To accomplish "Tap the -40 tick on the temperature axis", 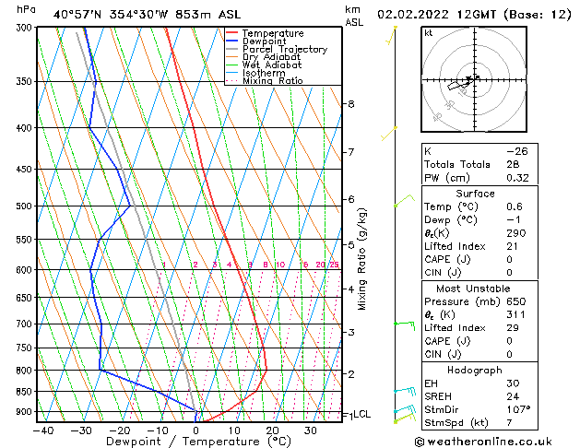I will pos(42,430).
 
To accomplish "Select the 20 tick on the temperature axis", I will pos(273,430).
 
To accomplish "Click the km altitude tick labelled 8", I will pos(350,104).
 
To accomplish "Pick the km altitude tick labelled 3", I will pos(350,332).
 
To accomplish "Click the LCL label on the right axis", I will pos(361,415).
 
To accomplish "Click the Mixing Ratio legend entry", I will pos(272,80).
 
